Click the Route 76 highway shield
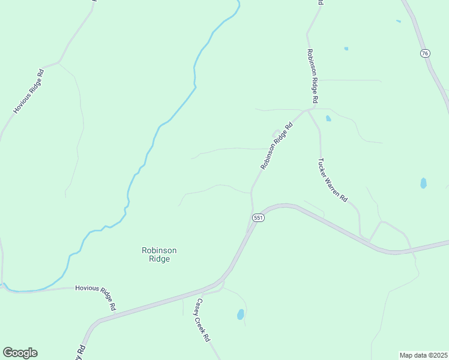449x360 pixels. click(x=425, y=53)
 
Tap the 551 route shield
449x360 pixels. click(x=258, y=218)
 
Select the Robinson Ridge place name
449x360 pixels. click(x=159, y=254)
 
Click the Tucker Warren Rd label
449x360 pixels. click(x=333, y=179)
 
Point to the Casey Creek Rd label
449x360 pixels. click(x=202, y=320)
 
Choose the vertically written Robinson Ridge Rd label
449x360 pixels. click(x=312, y=75)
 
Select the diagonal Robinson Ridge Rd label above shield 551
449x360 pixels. click(x=276, y=146)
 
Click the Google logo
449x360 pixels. click(x=20, y=353)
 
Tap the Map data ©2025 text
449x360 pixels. click(x=423, y=355)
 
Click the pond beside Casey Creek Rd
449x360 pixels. click(x=240, y=314)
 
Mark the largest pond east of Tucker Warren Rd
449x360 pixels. click(x=423, y=183)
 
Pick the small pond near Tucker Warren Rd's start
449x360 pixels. click(x=328, y=118)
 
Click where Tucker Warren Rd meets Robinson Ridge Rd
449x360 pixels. click(x=309, y=110)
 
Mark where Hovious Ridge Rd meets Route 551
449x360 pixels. click(x=114, y=311)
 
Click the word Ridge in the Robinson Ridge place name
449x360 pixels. click(x=159, y=259)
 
